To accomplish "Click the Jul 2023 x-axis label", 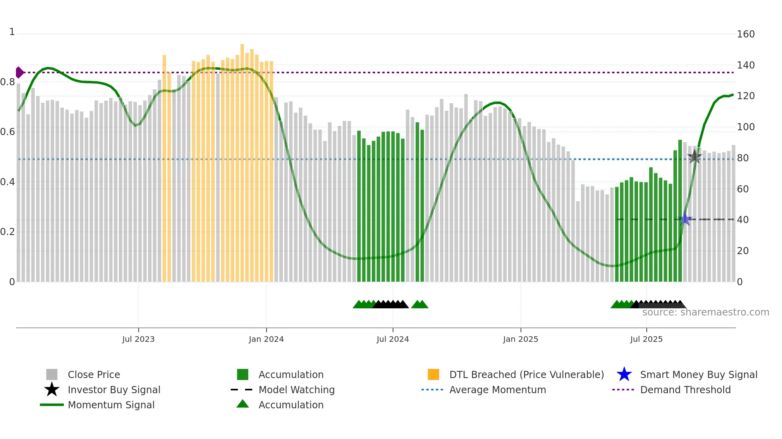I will pos(138,339).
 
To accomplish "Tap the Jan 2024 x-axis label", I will pos(266,339).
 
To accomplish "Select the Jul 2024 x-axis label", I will pos(393,339).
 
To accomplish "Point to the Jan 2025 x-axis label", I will pos(520,339).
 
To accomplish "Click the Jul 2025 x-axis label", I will pos(646,339).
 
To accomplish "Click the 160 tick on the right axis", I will pos(745,34).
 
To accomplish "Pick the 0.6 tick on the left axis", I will pos(8,132).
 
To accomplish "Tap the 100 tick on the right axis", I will pos(745,127).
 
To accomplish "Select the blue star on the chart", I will pos(685,219).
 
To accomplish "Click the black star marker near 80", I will pos(695,157).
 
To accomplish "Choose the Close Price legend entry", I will pos(94,374).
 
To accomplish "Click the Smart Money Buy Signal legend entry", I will pos(698,374).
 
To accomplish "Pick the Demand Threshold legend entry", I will pos(685,390).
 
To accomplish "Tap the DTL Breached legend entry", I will pos(526,374).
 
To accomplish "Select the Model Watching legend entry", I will pos(296,390).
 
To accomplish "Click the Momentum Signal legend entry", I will pos(111,405).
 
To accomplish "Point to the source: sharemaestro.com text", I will pos(705,312).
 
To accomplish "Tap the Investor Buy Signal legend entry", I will pos(114,390).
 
